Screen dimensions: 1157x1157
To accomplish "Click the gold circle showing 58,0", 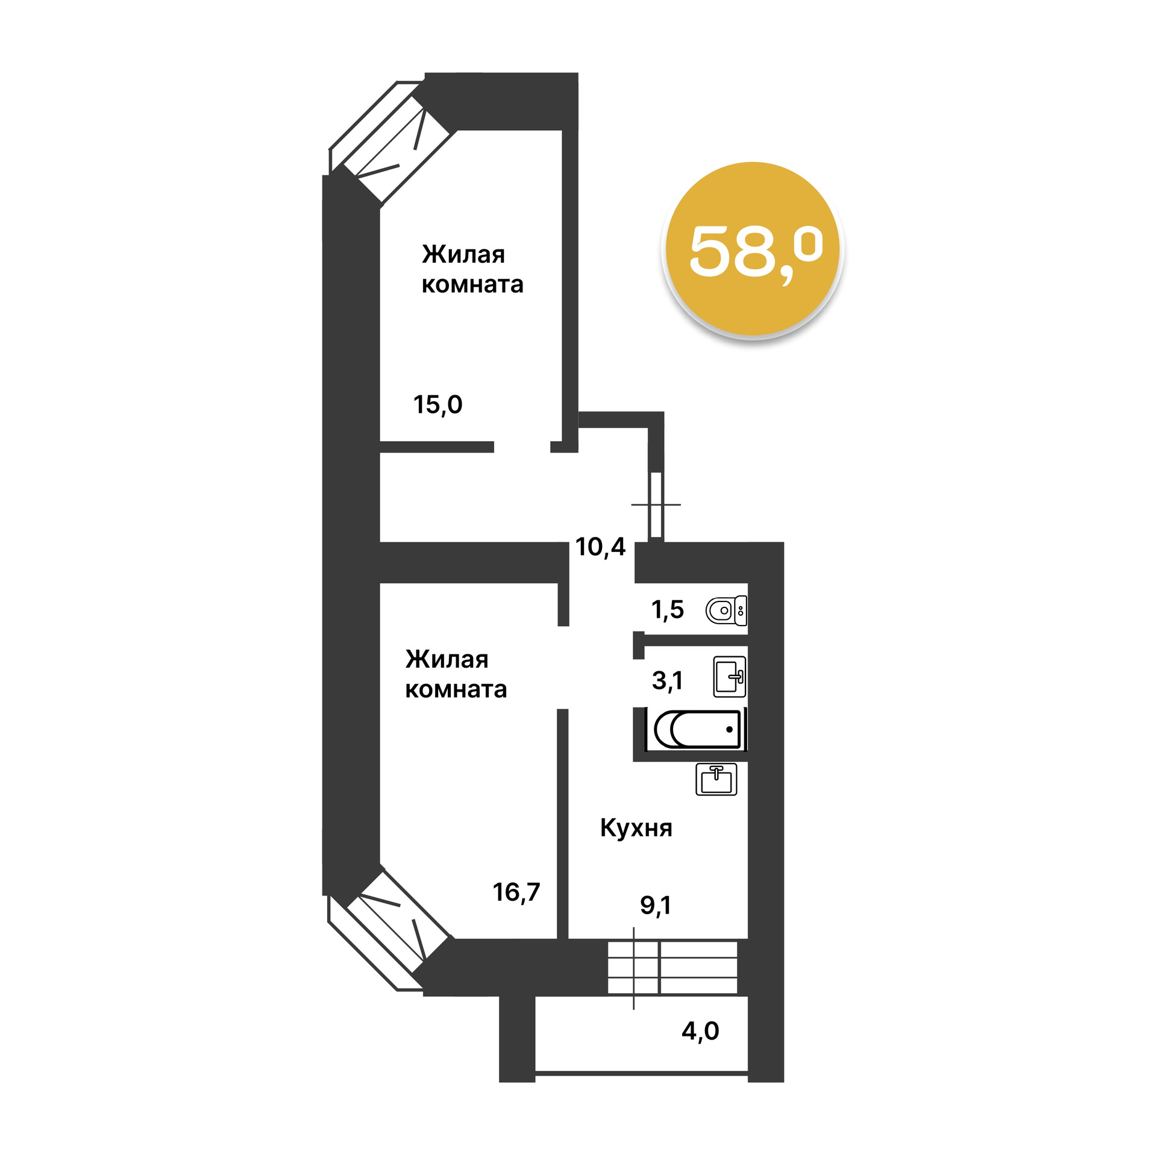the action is [753, 249].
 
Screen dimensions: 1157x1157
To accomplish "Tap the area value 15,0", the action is [437, 404].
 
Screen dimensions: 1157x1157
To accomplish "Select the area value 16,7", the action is [516, 892].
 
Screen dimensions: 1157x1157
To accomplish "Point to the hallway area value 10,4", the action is [600, 547].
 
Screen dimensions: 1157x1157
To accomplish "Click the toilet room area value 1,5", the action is [667, 610].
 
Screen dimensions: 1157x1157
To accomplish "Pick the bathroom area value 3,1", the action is [667, 680].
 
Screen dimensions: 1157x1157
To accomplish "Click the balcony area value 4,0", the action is [700, 1031].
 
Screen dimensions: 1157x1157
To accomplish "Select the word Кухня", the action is [636, 828].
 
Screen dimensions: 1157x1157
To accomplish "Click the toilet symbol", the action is [726, 611].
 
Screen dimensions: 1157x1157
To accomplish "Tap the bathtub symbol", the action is [697, 729].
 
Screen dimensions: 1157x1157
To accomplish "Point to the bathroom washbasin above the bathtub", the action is [730, 677].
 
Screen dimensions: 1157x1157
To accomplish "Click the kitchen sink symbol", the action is [716, 779].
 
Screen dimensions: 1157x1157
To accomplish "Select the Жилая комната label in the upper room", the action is [472, 269].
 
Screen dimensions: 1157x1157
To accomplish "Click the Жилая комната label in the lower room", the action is [456, 674].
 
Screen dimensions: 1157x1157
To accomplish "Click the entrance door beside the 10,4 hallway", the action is [656, 505].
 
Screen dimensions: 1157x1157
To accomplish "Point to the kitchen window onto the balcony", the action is [672, 967].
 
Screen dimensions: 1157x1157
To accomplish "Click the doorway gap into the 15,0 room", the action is [522, 447].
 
